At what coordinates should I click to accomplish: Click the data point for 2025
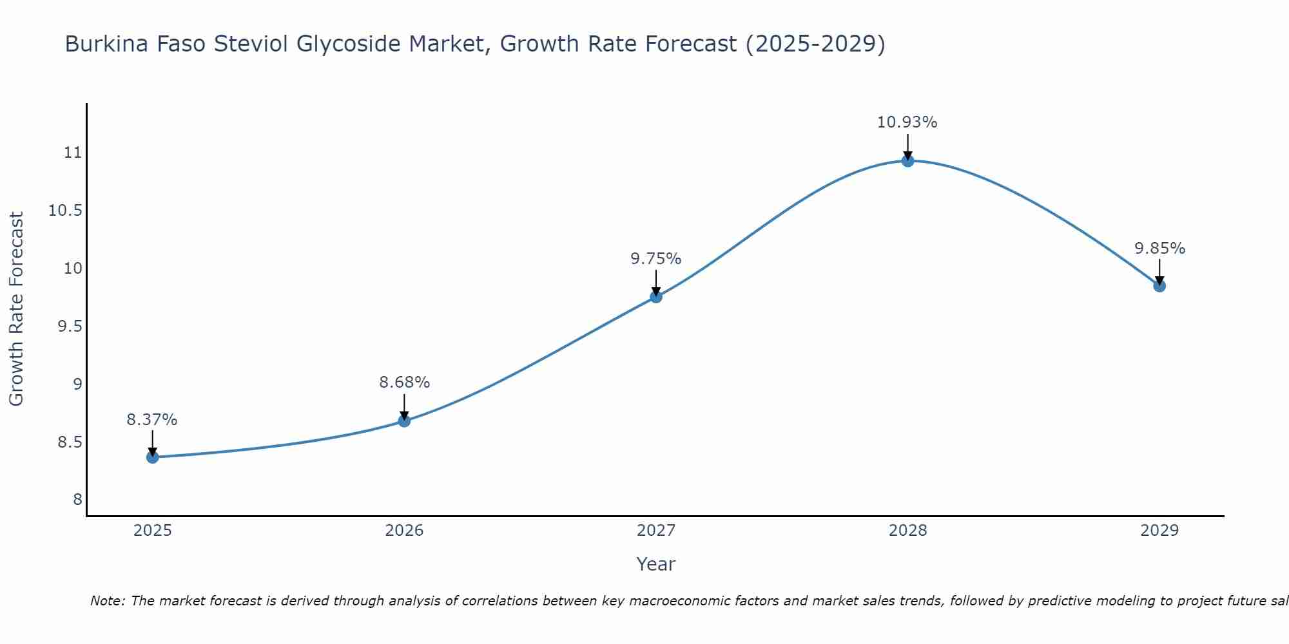coord(153,457)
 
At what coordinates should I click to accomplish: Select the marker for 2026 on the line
coord(404,421)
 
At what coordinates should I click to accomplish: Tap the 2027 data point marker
coord(656,297)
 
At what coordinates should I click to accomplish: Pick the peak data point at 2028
coord(907,161)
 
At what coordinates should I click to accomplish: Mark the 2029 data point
coord(1159,286)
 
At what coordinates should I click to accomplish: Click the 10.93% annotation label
coord(907,122)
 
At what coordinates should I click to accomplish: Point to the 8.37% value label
coord(152,420)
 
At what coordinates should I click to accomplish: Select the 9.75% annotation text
coord(655,259)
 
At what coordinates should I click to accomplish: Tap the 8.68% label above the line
coord(404,383)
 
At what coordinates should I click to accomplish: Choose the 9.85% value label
coord(1159,249)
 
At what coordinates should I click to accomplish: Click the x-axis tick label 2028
coord(907,531)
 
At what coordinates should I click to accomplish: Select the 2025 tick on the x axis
coord(153,531)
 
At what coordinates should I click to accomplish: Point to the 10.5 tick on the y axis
coord(66,211)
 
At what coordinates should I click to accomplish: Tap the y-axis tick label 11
coord(73,153)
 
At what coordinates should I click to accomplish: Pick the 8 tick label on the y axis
coord(77,500)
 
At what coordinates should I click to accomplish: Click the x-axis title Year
coord(655,564)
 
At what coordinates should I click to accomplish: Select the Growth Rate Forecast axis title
coord(16,309)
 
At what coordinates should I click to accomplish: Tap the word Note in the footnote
coord(108,601)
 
